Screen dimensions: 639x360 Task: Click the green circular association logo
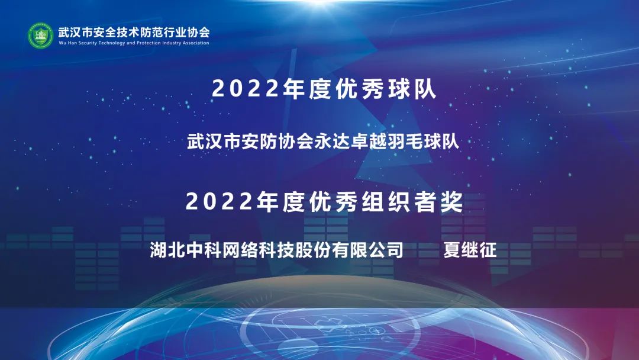pos(40,36)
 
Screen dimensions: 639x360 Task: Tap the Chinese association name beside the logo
pos(134,32)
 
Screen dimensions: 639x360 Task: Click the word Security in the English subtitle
pos(87,43)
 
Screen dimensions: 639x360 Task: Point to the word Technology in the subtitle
pos(112,43)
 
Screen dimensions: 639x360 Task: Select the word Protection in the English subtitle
pos(149,43)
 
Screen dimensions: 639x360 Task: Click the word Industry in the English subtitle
pos(172,43)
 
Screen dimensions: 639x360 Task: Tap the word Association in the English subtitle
pos(196,43)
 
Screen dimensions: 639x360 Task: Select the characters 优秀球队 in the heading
pos(386,88)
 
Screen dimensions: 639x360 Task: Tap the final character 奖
pos(451,201)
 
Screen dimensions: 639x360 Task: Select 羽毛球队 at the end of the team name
pos(423,142)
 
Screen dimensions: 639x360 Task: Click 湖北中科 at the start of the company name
pos(185,249)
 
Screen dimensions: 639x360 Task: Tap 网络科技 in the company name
pos(258,249)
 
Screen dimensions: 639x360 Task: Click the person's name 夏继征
pos(470,249)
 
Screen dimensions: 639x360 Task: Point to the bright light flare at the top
pos(320,4)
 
